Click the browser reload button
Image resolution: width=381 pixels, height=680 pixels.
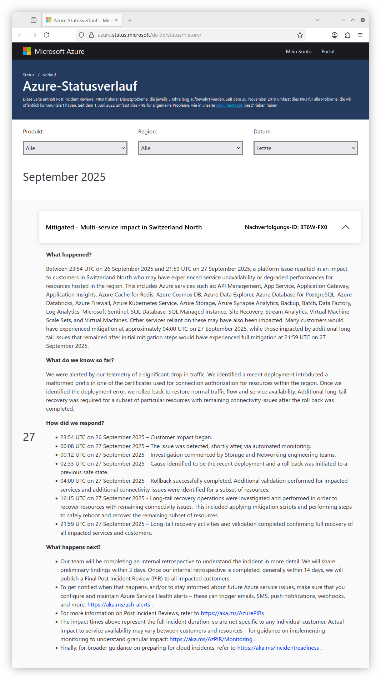pyautogui.click(x=46, y=35)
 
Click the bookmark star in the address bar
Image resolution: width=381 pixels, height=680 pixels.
pyautogui.click(x=300, y=35)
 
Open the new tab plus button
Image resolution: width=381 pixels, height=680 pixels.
pyautogui.click(x=130, y=20)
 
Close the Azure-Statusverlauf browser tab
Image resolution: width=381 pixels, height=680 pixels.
pyautogui.click(x=116, y=20)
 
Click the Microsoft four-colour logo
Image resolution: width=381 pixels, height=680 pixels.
pyautogui.click(x=27, y=51)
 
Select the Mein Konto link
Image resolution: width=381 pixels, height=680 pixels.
pyautogui.click(x=299, y=51)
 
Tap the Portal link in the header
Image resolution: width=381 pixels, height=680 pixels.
pyautogui.click(x=328, y=51)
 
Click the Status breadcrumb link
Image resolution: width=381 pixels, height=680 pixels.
pyautogui.click(x=29, y=75)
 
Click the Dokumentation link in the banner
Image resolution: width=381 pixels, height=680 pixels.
pyautogui.click(x=230, y=106)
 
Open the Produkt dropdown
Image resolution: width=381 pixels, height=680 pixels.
pyautogui.click(x=75, y=148)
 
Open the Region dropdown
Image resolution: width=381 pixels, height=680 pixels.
pyautogui.click(x=190, y=148)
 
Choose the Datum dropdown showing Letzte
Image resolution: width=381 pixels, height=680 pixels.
pyautogui.click(x=306, y=148)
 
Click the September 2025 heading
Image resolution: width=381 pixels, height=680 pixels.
pyautogui.click(x=64, y=177)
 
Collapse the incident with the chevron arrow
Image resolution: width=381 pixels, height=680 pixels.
pyautogui.click(x=346, y=227)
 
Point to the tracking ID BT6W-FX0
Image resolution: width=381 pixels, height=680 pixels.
pyautogui.click(x=314, y=227)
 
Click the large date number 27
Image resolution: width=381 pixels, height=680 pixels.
pyautogui.click(x=29, y=437)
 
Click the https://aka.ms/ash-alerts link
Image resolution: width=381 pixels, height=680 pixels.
pyautogui.click(x=119, y=605)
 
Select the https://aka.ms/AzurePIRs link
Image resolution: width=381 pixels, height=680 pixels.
pyautogui.click(x=232, y=613)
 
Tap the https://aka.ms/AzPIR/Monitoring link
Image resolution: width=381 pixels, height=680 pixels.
pyautogui.click(x=211, y=639)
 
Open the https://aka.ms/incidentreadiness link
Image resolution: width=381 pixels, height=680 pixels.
pyautogui.click(x=278, y=648)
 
